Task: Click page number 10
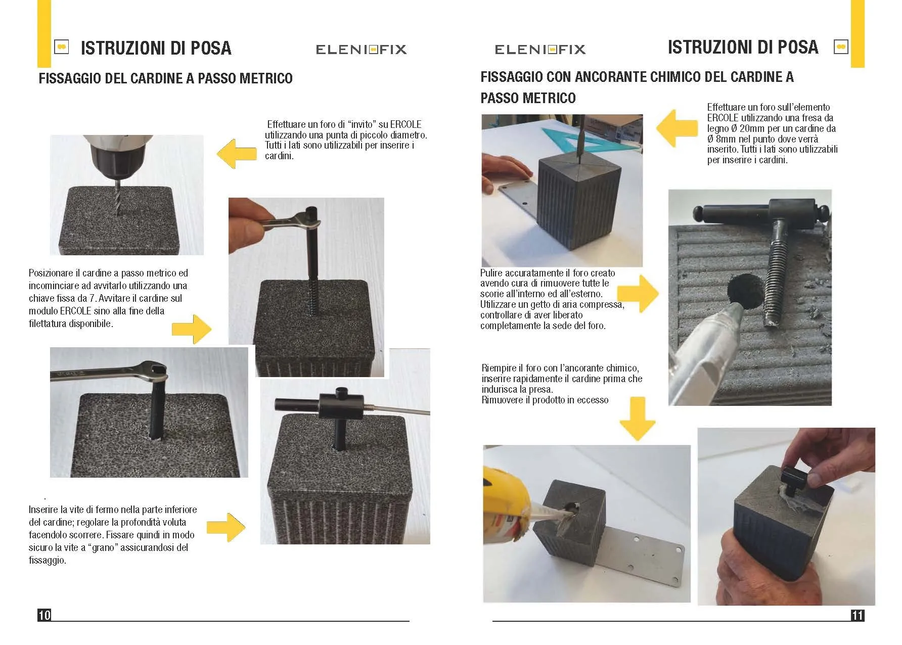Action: pyautogui.click(x=44, y=615)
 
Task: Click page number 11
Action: pyautogui.click(x=858, y=615)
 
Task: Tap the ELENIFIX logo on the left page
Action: pyautogui.click(x=361, y=49)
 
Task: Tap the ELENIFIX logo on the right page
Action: pyautogui.click(x=540, y=49)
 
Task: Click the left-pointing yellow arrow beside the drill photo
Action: pyautogui.click(x=237, y=154)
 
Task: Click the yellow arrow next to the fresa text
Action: pyautogui.click(x=677, y=128)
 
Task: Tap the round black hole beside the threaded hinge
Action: pyautogui.click(x=743, y=292)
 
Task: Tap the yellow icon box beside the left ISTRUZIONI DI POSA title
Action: pyautogui.click(x=62, y=47)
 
